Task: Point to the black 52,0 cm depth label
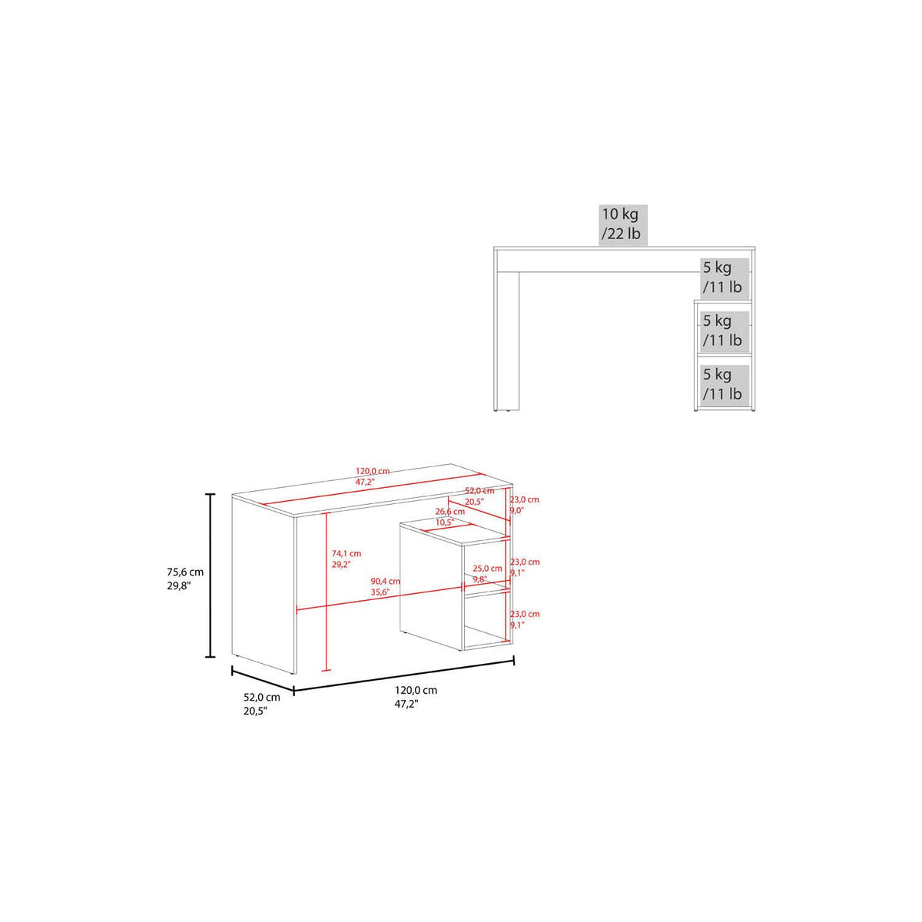[262, 704]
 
